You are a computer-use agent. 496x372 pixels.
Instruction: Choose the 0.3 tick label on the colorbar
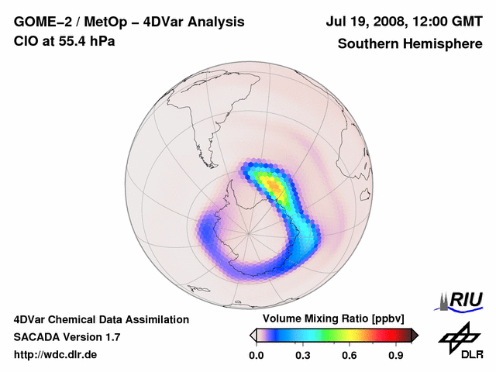click(x=303, y=356)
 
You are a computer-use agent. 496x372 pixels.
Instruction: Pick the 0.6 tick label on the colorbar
click(x=350, y=356)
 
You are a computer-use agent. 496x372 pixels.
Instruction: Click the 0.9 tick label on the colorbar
click(x=396, y=356)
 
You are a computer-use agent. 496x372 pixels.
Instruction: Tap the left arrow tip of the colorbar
click(x=253, y=335)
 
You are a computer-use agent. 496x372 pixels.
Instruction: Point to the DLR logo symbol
click(x=457, y=336)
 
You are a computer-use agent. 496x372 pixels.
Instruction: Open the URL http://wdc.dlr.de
click(x=56, y=355)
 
